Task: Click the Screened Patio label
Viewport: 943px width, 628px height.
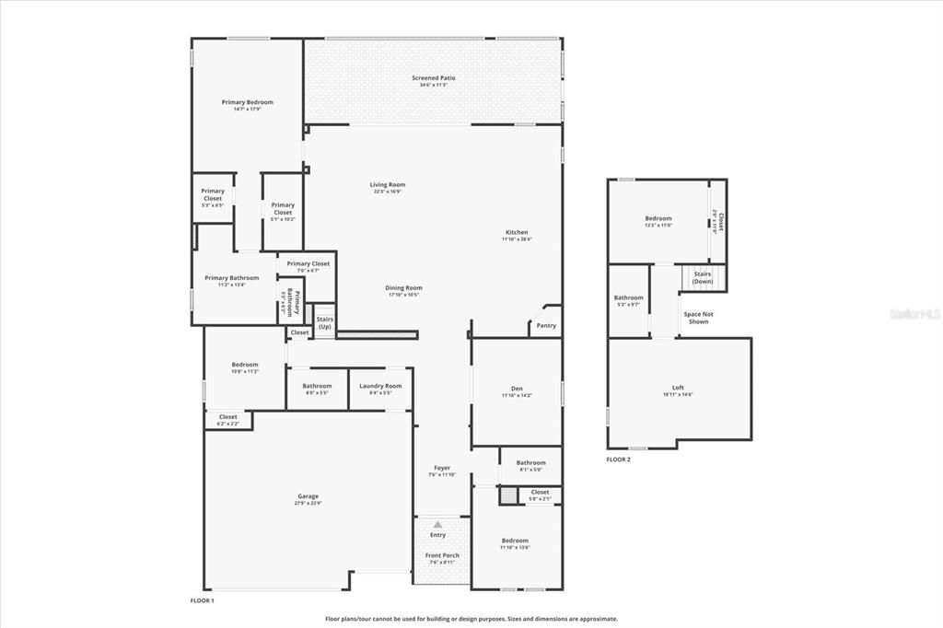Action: [x=433, y=78]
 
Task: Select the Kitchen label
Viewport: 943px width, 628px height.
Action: [x=517, y=232]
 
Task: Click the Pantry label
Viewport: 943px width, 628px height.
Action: [x=546, y=325]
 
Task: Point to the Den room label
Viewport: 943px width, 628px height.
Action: [x=517, y=388]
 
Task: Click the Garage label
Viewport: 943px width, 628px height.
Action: [x=307, y=496]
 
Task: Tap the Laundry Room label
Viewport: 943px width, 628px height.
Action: [x=380, y=386]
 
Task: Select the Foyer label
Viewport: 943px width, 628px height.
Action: [x=442, y=468]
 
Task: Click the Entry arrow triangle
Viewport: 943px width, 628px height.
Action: [x=437, y=524]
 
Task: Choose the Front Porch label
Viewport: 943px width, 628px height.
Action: [x=442, y=555]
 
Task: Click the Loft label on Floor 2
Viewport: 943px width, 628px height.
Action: [x=678, y=388]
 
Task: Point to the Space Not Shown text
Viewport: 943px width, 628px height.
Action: [x=698, y=318]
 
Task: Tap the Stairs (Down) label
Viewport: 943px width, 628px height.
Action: [x=703, y=277]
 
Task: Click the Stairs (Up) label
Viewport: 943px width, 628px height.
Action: [x=325, y=322]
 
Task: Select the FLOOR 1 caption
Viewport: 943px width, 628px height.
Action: [x=202, y=600]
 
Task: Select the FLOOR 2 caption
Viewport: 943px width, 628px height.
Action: [x=618, y=459]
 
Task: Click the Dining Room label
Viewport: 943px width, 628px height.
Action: [x=403, y=287]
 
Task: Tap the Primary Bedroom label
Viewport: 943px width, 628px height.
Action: [x=247, y=102]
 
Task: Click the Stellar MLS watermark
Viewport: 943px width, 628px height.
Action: [x=908, y=314]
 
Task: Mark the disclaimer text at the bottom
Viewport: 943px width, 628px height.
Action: [x=471, y=619]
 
